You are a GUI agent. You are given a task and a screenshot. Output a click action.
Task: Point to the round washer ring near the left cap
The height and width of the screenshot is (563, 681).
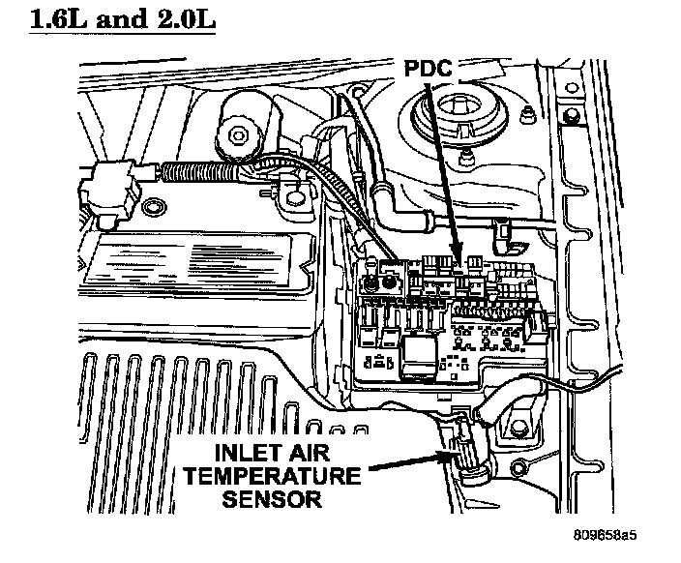click(x=151, y=209)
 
